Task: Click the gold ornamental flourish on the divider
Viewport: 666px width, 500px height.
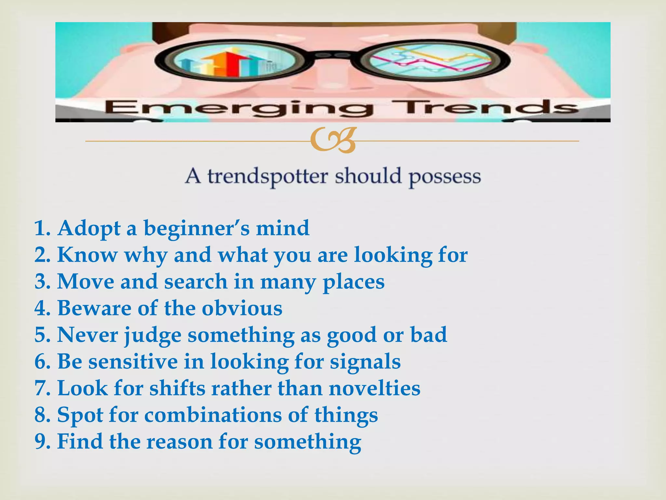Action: [x=333, y=141]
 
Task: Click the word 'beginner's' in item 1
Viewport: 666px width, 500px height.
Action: [x=197, y=228]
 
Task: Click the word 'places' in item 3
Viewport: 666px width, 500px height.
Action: [x=353, y=282]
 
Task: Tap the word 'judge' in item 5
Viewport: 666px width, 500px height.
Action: [x=153, y=335]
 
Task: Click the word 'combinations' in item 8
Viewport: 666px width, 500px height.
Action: [x=213, y=415]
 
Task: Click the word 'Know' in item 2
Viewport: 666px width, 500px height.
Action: [x=87, y=255]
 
